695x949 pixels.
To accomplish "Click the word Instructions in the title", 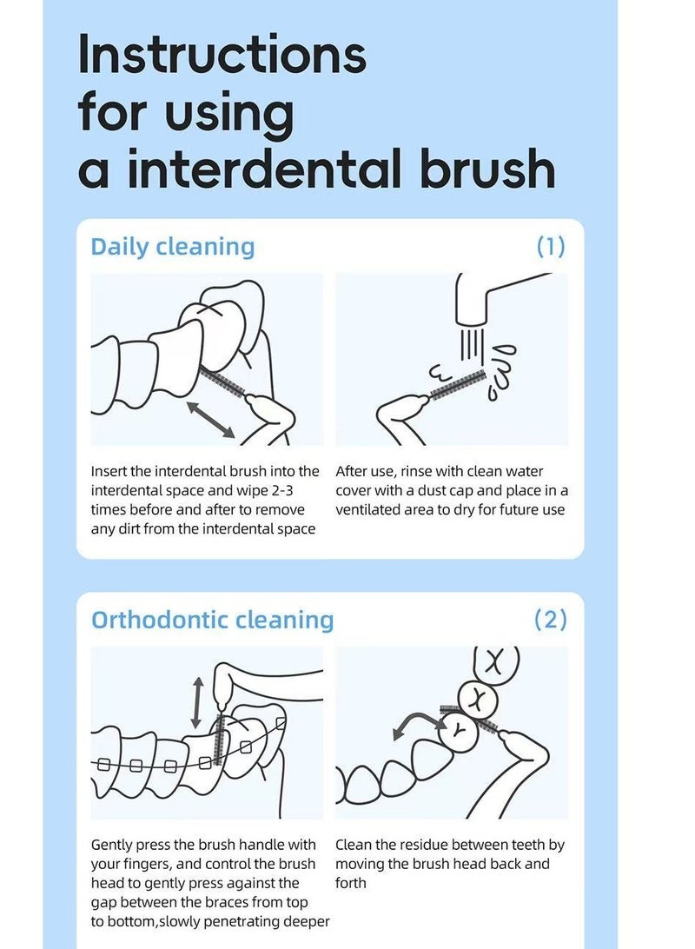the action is pos(222,54).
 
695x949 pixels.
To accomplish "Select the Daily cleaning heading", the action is pos(173,247).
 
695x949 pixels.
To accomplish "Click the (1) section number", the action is pos(551,246).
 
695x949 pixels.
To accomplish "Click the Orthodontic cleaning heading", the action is pos(212,620).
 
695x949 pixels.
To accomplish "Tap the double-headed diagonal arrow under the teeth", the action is pos(210,420).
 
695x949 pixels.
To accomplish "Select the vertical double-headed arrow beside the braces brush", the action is pos(196,703).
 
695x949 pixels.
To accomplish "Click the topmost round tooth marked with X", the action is pos(496,662).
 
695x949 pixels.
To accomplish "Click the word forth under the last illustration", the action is pos(351,883).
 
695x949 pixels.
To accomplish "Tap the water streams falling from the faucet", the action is pos(472,344).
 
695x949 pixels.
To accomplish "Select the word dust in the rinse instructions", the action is pos(431,490).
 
